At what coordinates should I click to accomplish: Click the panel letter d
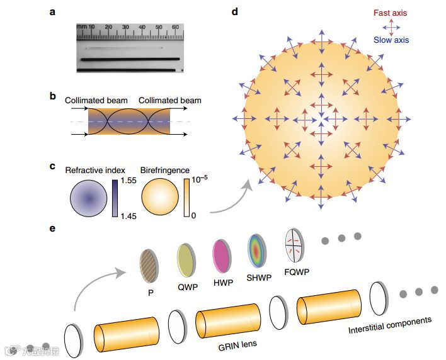point(236,11)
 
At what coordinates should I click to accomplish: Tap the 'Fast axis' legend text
point(391,12)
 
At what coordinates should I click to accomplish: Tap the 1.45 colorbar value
point(129,217)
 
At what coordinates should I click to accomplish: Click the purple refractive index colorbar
point(115,198)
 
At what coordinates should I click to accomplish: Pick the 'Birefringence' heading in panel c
point(164,169)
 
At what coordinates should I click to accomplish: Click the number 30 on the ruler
point(125,28)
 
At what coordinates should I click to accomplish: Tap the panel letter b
point(53,96)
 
